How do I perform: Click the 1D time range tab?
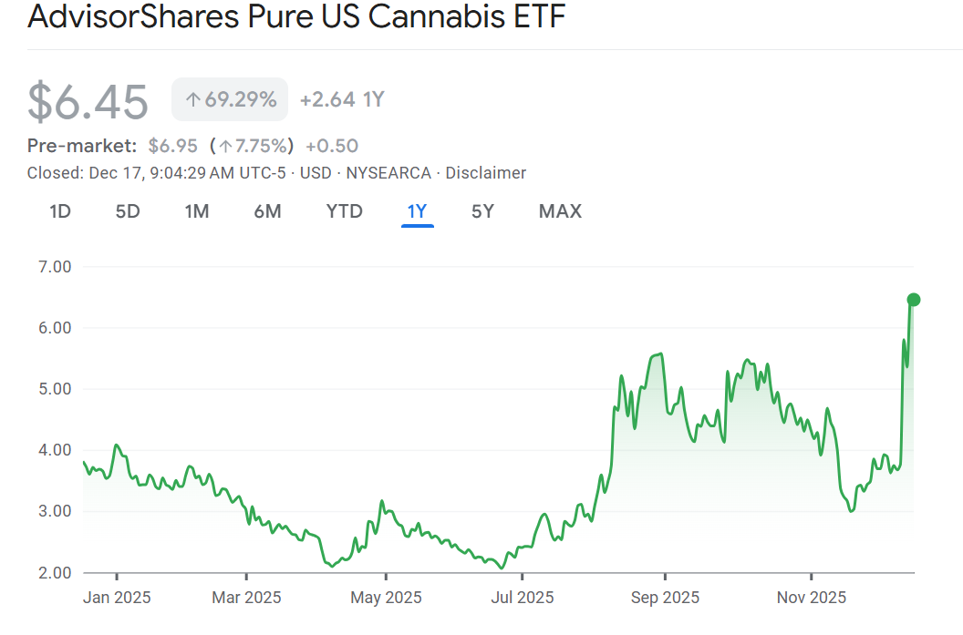pos(60,211)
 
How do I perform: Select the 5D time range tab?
pos(128,211)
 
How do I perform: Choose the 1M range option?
pos(197,211)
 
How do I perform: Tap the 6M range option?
pos(267,211)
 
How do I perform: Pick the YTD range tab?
pos(345,211)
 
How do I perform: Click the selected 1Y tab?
pos(417,211)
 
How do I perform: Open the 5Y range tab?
pos(482,211)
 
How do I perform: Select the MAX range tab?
pos(560,211)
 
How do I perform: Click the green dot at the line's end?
pos(914,300)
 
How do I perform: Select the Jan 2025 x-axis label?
pos(117,598)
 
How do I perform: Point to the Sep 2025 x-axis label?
pos(665,598)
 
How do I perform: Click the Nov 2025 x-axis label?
pos(812,598)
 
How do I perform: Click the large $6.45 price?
pos(88,101)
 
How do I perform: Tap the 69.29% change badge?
pos(230,99)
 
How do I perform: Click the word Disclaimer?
pos(485,172)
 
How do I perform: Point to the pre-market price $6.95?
pos(172,146)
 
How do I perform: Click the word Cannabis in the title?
pos(427,16)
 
